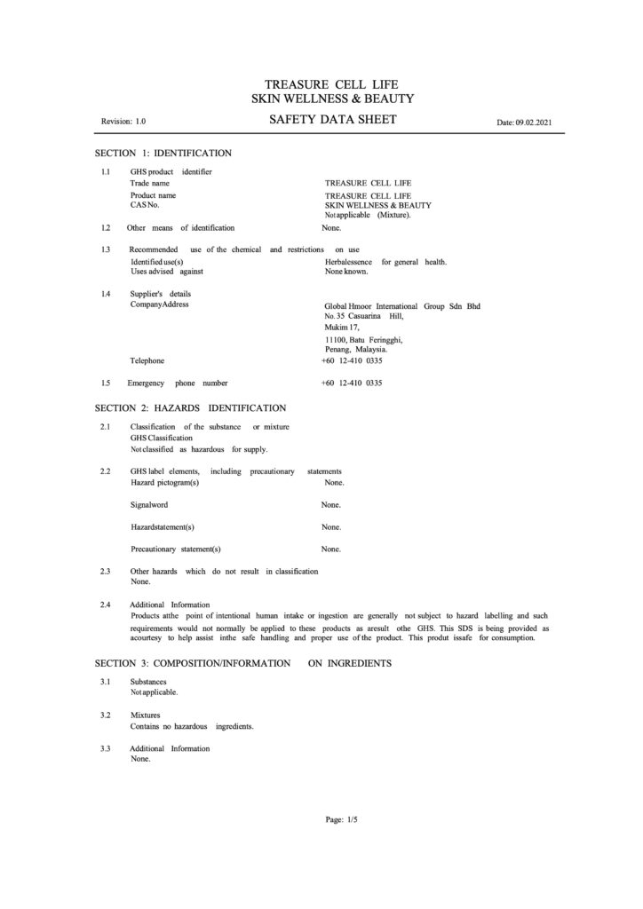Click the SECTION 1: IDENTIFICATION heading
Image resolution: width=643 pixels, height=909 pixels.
163,154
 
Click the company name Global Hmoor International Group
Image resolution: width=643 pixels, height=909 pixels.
402,306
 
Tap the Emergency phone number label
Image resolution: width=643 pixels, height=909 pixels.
178,383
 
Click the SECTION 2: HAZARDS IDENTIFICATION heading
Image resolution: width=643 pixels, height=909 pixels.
190,408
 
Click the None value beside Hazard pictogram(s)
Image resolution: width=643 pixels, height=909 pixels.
334,482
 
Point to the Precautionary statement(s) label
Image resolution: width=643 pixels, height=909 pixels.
176,549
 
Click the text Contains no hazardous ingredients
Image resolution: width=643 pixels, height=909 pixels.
192,726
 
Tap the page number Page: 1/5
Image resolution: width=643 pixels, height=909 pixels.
342,820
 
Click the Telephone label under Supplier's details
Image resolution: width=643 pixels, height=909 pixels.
147,361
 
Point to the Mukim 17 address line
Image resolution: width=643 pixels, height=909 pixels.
342,327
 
